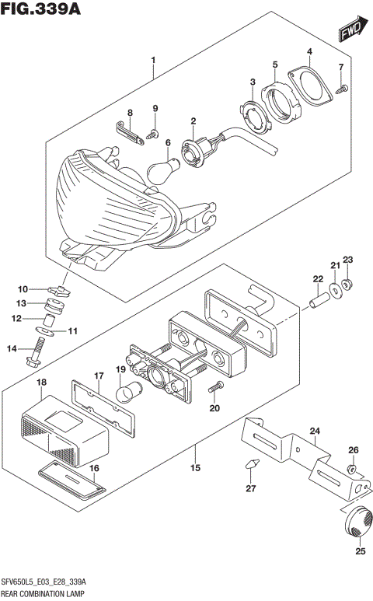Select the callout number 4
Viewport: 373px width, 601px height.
[x=309, y=52]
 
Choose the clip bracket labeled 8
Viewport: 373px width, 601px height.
[x=130, y=132]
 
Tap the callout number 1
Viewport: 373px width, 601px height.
[x=153, y=60]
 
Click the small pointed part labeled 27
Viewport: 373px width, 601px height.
[x=250, y=466]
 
